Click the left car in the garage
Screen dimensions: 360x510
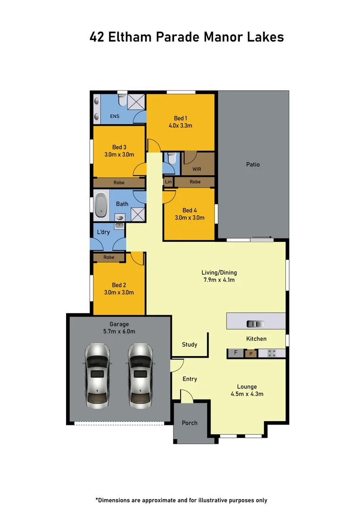tap(98, 376)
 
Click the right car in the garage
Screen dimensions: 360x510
tap(140, 376)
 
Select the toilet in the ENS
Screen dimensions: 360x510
tap(122, 100)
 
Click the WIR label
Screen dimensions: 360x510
tap(197, 169)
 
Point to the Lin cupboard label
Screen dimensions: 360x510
tap(168, 182)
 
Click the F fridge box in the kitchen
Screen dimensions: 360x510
tap(236, 353)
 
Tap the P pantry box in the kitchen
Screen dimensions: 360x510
tap(251, 354)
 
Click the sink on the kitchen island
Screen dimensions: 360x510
tap(255, 324)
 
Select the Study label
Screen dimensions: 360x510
tap(189, 344)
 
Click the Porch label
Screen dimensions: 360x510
tap(189, 423)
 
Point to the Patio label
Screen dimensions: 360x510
tap(253, 165)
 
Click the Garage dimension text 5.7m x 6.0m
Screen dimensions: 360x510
tap(119, 331)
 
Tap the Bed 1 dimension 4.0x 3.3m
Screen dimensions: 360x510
tap(180, 126)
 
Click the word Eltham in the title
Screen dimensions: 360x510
tap(130, 37)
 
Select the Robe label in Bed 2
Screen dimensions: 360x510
tap(109, 257)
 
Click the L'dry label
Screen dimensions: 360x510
tap(103, 232)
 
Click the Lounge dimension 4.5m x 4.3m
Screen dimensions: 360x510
tap(247, 394)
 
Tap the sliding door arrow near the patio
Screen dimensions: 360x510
tap(262, 237)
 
